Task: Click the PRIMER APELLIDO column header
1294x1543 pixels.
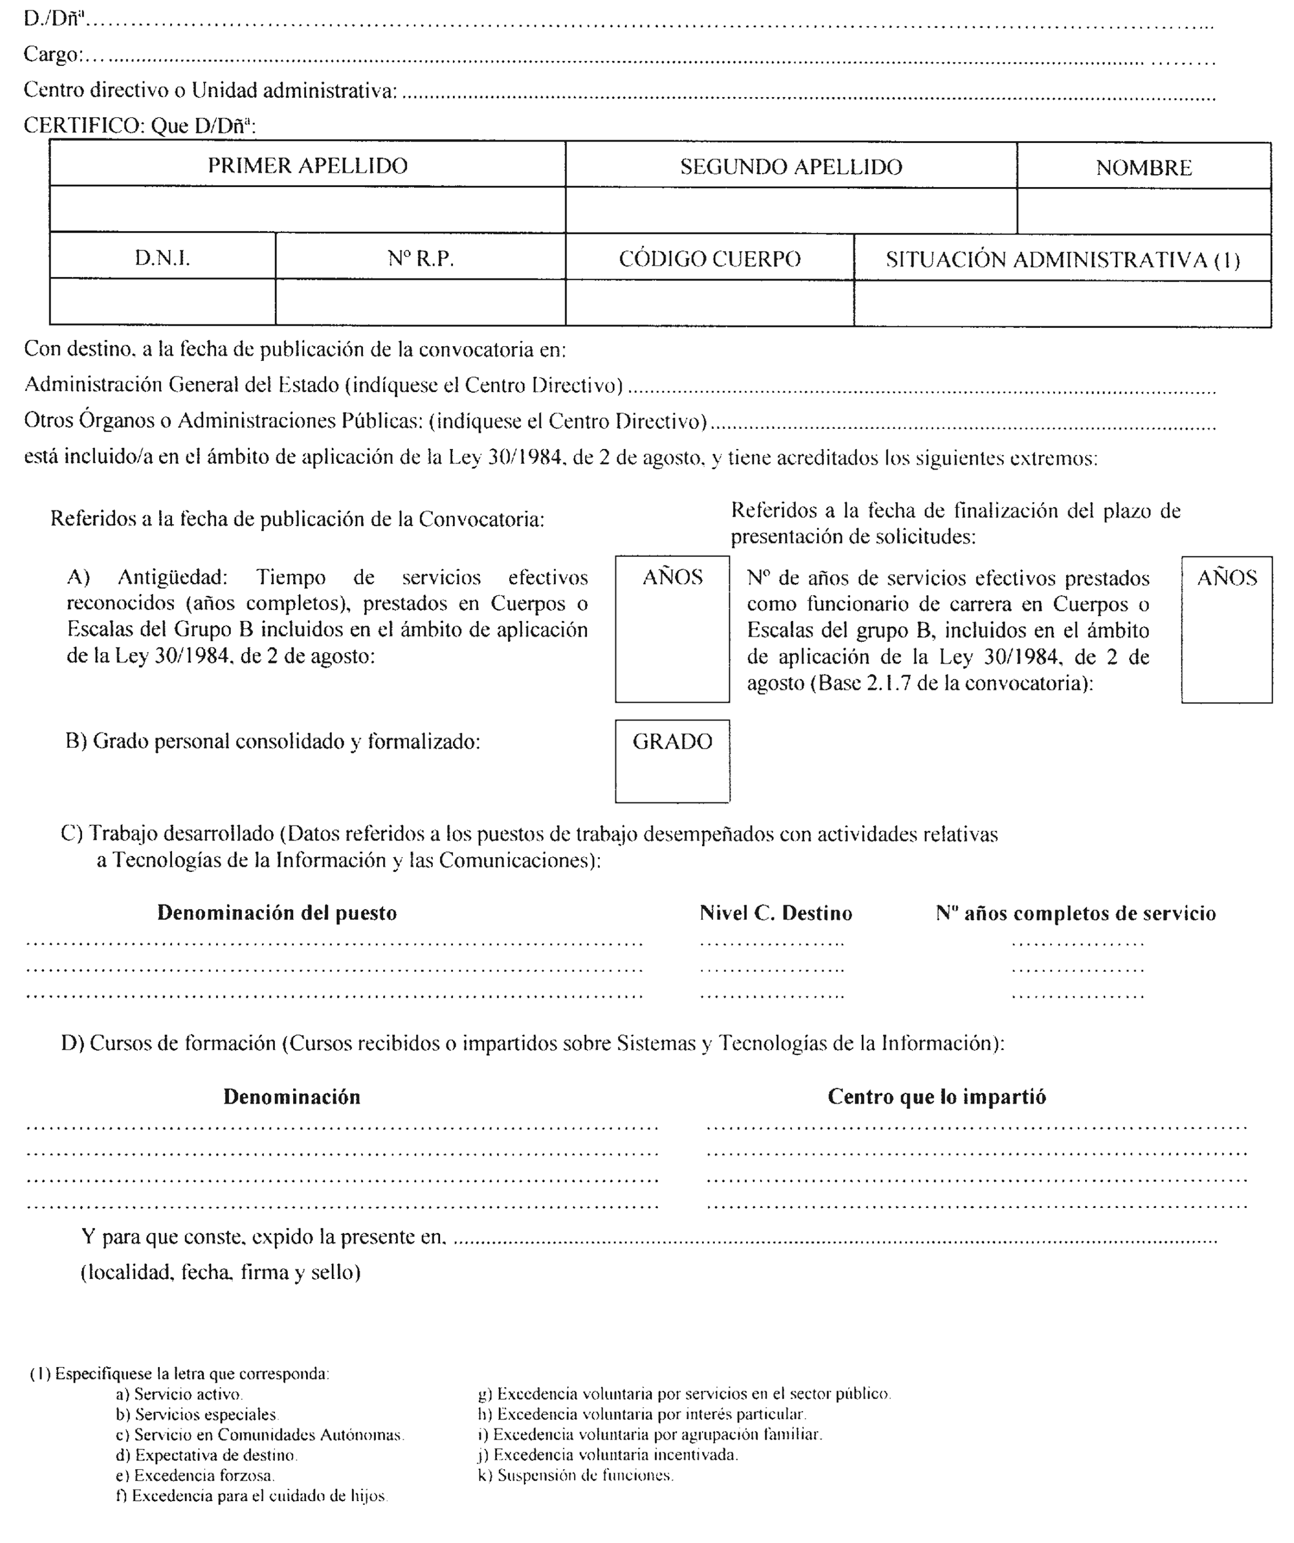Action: pos(307,166)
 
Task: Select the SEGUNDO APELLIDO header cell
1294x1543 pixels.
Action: pos(791,167)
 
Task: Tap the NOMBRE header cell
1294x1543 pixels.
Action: pos(1143,168)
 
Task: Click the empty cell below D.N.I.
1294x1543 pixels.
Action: pos(162,302)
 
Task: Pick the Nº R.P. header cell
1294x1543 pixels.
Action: pos(421,259)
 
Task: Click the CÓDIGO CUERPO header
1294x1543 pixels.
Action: pos(709,259)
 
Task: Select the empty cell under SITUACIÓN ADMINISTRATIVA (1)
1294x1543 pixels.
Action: pos(1062,304)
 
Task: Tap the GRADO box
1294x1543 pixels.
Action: pos(672,761)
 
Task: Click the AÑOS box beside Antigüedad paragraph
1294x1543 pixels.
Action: pos(672,629)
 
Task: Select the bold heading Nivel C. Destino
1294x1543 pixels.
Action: pos(775,914)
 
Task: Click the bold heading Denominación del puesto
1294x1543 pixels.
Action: pos(277,914)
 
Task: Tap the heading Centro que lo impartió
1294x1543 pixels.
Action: pos(936,1097)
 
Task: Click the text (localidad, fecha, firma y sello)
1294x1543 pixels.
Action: pos(221,1272)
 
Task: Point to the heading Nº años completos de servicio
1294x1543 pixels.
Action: pos(1075,914)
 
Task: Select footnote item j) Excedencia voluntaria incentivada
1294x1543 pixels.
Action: pos(608,1454)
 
